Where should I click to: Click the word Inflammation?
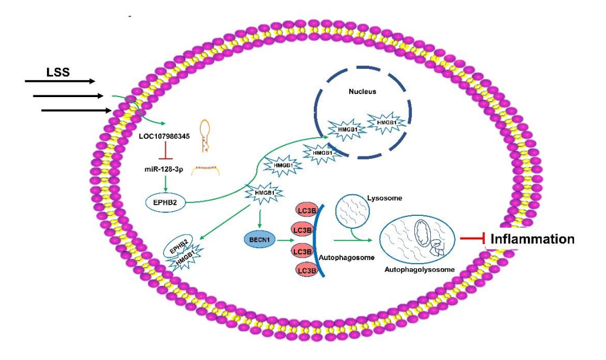[x=532, y=239]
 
